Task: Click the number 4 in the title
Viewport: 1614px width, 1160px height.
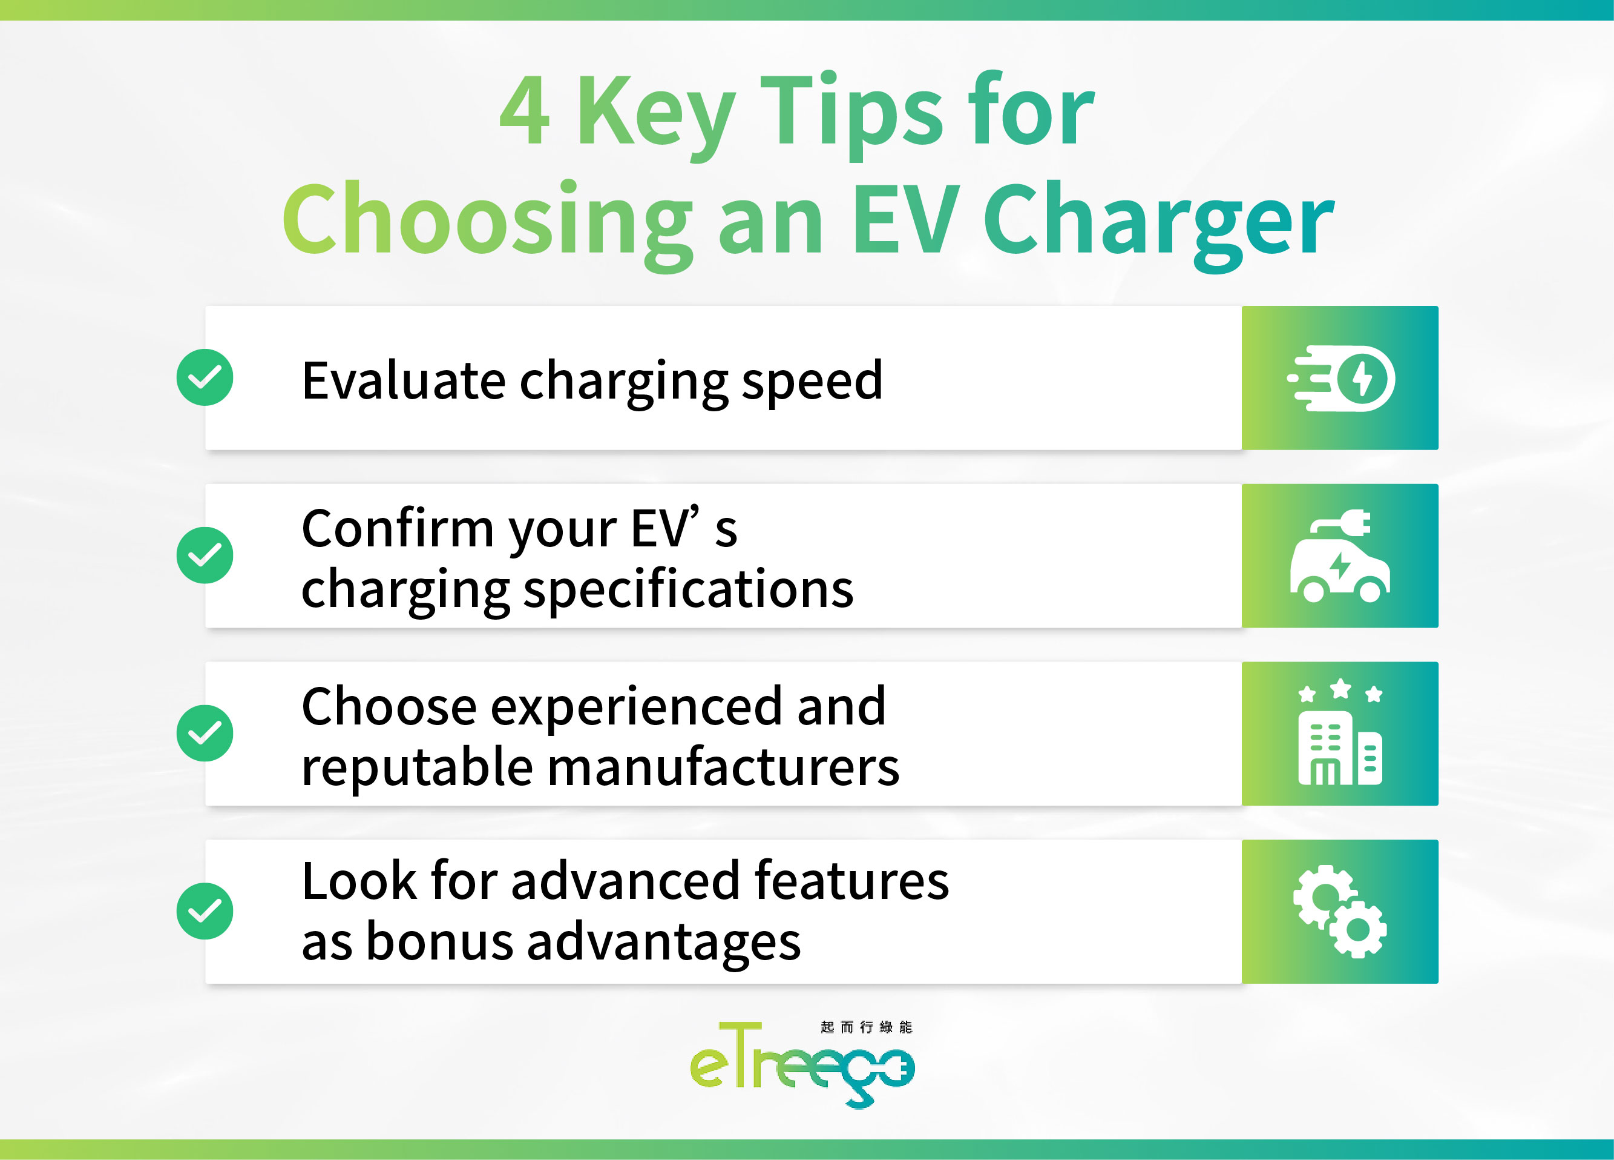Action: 525,112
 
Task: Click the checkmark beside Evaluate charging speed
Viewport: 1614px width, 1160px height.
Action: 205,377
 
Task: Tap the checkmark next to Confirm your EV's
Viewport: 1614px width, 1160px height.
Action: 205,555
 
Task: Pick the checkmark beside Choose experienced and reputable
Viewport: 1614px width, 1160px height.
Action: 205,734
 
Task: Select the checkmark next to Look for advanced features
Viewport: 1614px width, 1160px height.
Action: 205,912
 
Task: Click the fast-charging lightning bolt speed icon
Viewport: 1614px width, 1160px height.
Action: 1340,378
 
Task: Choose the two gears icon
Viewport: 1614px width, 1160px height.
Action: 1340,912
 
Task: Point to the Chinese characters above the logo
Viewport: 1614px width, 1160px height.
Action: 866,1027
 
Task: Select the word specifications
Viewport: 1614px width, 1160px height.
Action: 687,589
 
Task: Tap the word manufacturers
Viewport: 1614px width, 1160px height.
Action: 723,767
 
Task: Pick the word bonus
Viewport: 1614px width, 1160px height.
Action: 439,942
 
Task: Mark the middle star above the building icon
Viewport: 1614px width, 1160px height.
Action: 1340,689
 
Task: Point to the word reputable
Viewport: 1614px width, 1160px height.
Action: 417,767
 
